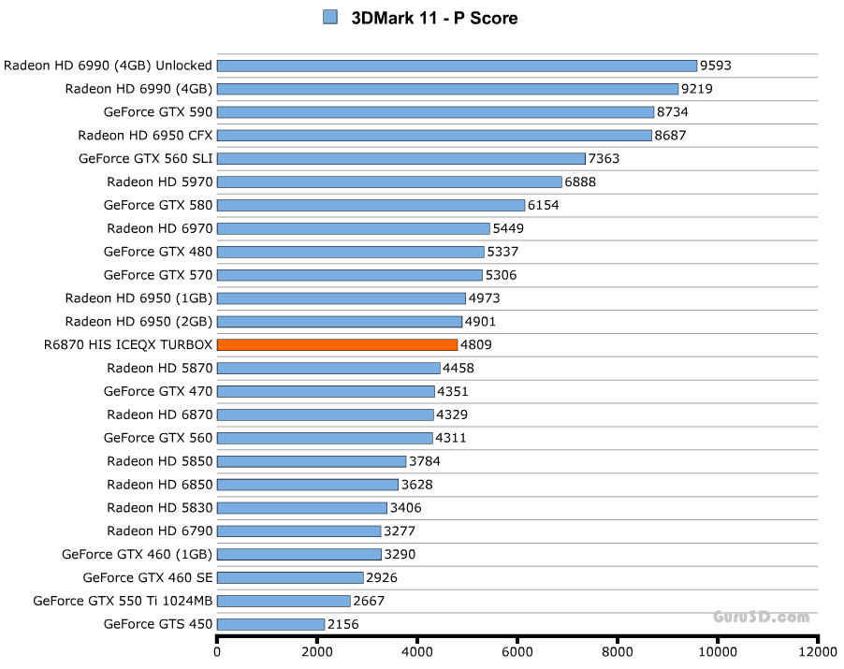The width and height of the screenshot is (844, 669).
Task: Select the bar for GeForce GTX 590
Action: (x=435, y=111)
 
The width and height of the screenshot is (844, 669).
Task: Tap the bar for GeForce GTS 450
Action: (x=270, y=624)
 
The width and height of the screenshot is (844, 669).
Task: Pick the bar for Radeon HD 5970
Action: (x=389, y=182)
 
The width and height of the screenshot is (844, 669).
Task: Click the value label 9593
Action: (x=716, y=65)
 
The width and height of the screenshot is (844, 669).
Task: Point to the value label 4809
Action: (x=476, y=344)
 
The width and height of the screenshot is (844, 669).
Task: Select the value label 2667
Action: (x=369, y=601)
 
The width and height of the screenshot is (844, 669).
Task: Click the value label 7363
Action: (x=604, y=158)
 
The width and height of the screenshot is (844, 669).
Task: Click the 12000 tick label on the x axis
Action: (x=817, y=652)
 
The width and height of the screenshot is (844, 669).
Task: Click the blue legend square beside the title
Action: (x=329, y=17)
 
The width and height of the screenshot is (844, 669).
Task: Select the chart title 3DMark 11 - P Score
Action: (x=434, y=18)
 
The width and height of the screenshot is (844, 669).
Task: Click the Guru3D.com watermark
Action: (x=761, y=617)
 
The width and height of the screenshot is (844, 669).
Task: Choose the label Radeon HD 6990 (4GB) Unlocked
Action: (x=108, y=65)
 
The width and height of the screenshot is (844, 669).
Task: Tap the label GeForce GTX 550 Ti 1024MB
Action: (x=123, y=601)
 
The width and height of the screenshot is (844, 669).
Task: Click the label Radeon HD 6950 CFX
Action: (x=145, y=135)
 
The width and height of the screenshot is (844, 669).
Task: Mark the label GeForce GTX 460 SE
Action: (x=148, y=577)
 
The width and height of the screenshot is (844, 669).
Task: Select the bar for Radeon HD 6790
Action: (x=298, y=531)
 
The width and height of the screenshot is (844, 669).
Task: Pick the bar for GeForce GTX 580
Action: (x=371, y=205)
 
